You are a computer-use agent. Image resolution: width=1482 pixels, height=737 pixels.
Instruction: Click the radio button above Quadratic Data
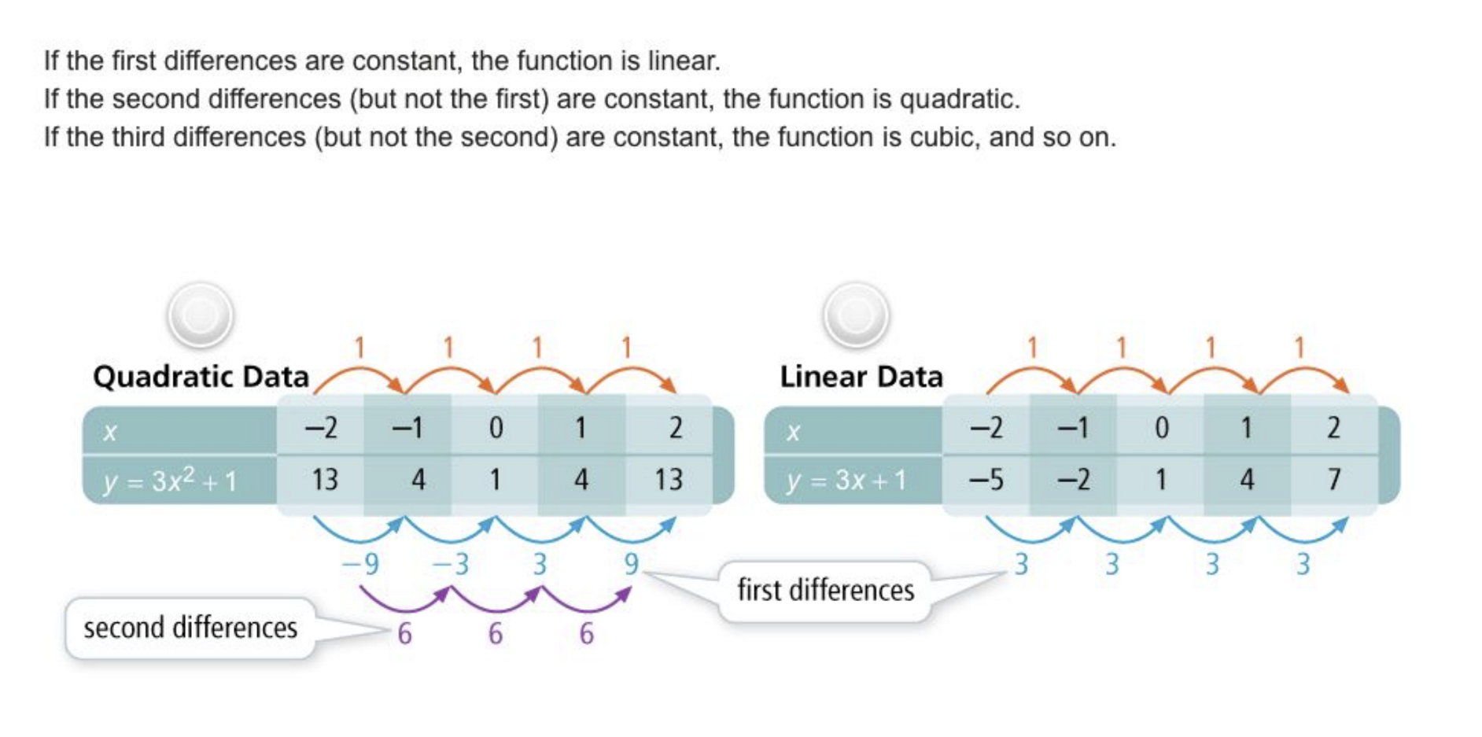pos(200,315)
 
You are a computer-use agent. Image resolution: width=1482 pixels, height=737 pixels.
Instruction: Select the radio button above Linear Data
pos(856,315)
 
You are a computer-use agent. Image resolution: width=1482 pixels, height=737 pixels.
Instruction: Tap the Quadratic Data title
pos(201,377)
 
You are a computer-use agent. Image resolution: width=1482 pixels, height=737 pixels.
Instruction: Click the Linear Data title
pos(861,377)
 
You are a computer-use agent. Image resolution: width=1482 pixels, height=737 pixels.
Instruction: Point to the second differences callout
pos(190,628)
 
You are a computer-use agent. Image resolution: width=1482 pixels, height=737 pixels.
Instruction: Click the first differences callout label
pos(825,590)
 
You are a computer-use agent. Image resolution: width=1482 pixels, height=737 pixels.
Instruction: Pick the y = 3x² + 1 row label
pos(170,480)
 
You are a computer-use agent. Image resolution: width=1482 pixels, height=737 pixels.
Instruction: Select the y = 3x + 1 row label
pos(846,480)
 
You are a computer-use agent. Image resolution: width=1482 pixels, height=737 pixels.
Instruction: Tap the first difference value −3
pos(451,564)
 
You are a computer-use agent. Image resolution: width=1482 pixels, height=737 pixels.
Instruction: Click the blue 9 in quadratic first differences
pos(631,564)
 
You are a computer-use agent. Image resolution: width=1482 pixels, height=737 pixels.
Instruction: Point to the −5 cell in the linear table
pos(986,480)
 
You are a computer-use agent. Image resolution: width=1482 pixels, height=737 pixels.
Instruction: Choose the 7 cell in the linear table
pos(1333,480)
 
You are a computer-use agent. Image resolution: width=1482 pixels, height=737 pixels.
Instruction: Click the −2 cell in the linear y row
pos(1073,480)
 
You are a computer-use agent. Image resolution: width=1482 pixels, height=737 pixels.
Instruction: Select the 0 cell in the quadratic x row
pos(496,428)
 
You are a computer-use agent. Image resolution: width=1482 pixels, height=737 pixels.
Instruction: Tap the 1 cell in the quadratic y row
pos(495,480)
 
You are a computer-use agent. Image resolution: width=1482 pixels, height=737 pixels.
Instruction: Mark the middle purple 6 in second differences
pos(495,634)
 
